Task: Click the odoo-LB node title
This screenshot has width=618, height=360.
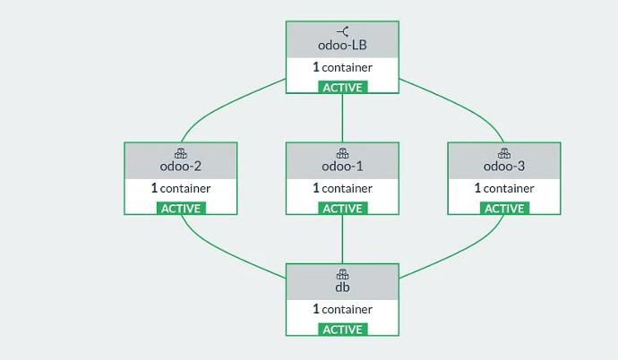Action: [342, 46]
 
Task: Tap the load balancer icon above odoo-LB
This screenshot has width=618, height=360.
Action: [342, 31]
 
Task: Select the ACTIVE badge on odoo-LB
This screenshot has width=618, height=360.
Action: [342, 88]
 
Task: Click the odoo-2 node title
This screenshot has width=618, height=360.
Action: [180, 167]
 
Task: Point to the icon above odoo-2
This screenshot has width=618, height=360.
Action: [180, 153]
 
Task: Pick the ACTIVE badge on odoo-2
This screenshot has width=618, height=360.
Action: [181, 209]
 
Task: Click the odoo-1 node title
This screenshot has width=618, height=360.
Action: [342, 167]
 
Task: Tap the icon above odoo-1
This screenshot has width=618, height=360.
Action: [342, 153]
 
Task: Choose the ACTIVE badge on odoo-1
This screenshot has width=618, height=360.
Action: [342, 209]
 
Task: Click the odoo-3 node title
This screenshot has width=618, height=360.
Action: [503, 167]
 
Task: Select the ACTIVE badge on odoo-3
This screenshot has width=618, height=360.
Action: [504, 209]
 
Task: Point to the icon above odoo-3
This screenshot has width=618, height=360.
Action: [503, 153]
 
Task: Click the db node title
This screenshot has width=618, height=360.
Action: [342, 287]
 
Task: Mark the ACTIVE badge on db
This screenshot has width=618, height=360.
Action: [342, 330]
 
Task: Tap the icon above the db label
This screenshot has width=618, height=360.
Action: [342, 274]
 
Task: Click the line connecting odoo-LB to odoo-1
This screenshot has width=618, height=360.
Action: [342, 116]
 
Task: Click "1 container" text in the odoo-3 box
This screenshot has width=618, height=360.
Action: [503, 189]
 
